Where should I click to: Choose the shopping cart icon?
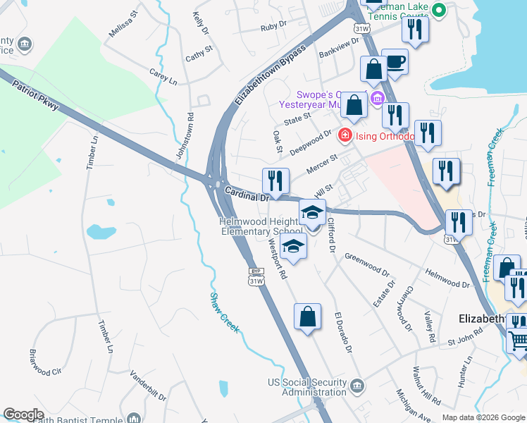[519, 341]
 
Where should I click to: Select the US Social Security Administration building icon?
[358, 386]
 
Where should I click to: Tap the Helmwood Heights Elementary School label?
[261, 226]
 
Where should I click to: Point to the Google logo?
[24, 415]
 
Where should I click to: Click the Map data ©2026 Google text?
[483, 417]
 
